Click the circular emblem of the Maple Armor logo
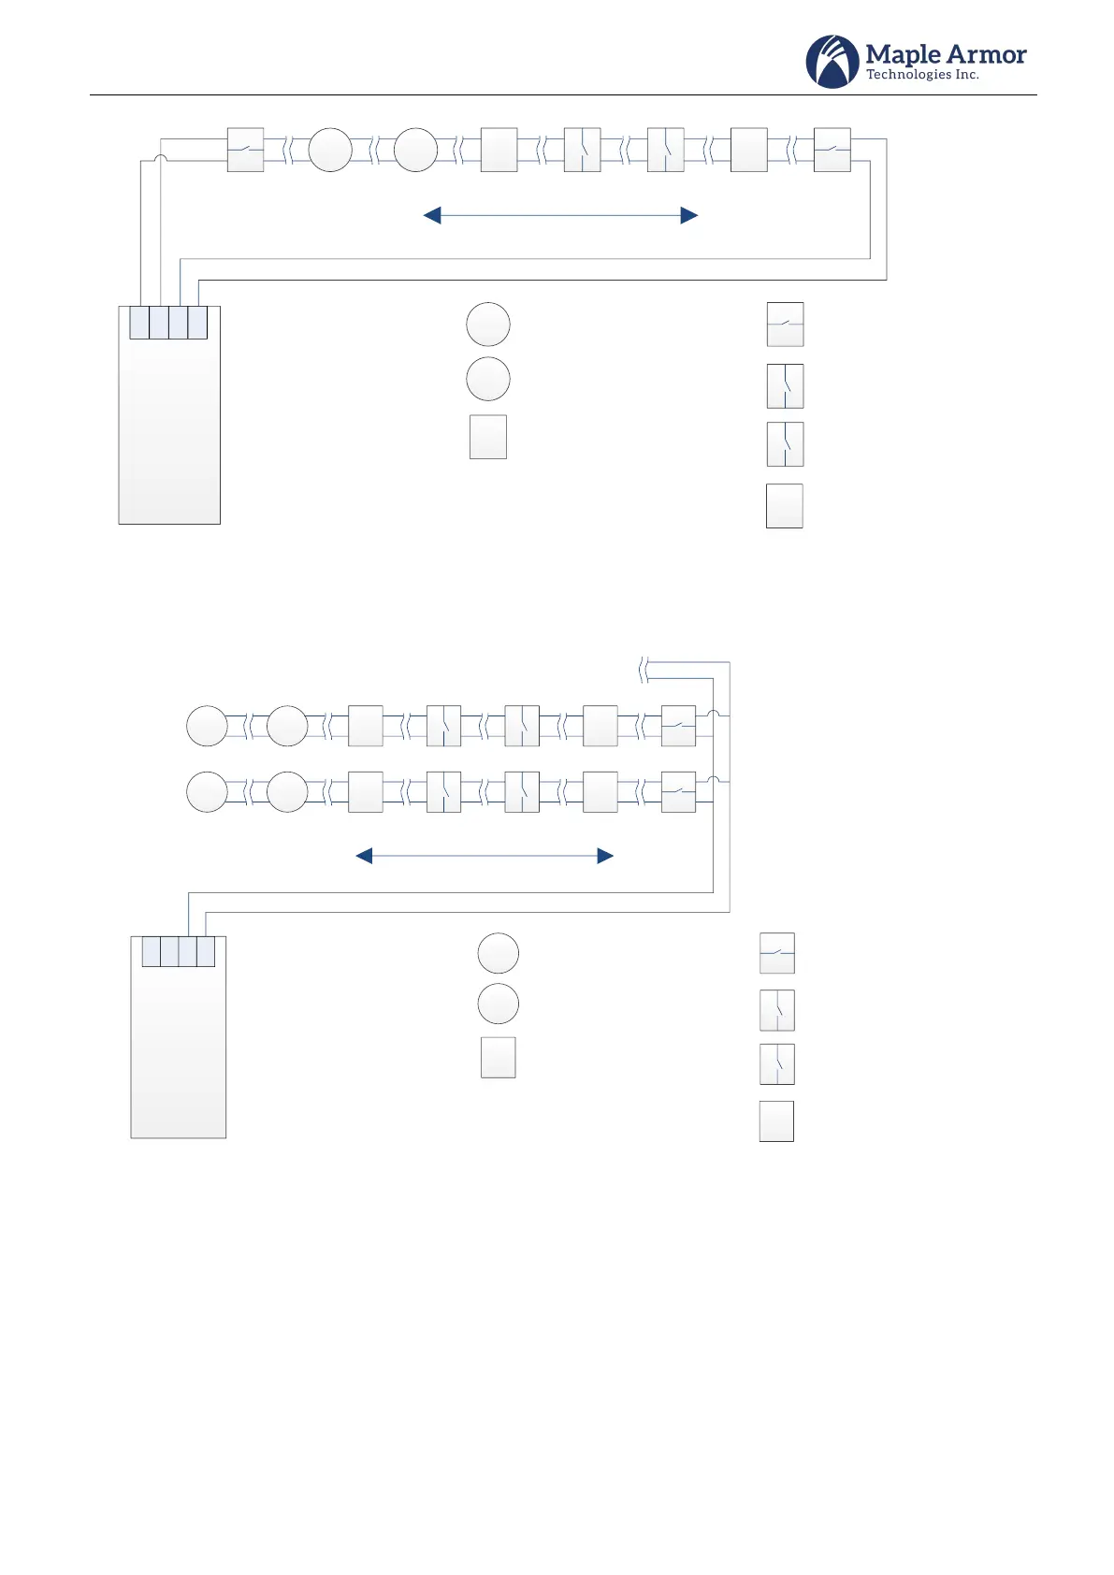(832, 62)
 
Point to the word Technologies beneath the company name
(908, 75)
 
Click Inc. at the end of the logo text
(967, 75)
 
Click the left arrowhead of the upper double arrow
(432, 216)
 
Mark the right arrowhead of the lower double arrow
(605, 856)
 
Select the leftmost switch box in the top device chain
(245, 150)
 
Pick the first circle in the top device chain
(330, 150)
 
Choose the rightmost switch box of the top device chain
(832, 150)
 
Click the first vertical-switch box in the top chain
(582, 150)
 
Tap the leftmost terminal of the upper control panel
(139, 323)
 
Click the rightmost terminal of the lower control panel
(206, 951)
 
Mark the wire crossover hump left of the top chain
(160, 160)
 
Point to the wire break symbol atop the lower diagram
(644, 670)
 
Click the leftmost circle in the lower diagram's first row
(207, 726)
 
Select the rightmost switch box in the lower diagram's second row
(678, 791)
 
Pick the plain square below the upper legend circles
(488, 437)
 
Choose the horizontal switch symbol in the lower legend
(777, 953)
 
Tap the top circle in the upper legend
(488, 325)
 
